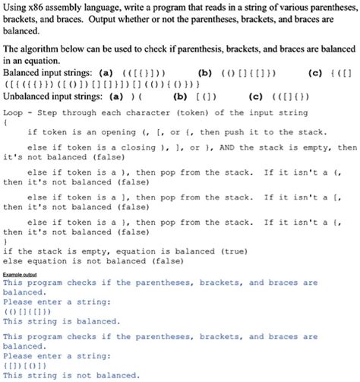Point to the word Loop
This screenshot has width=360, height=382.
(x=15, y=111)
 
